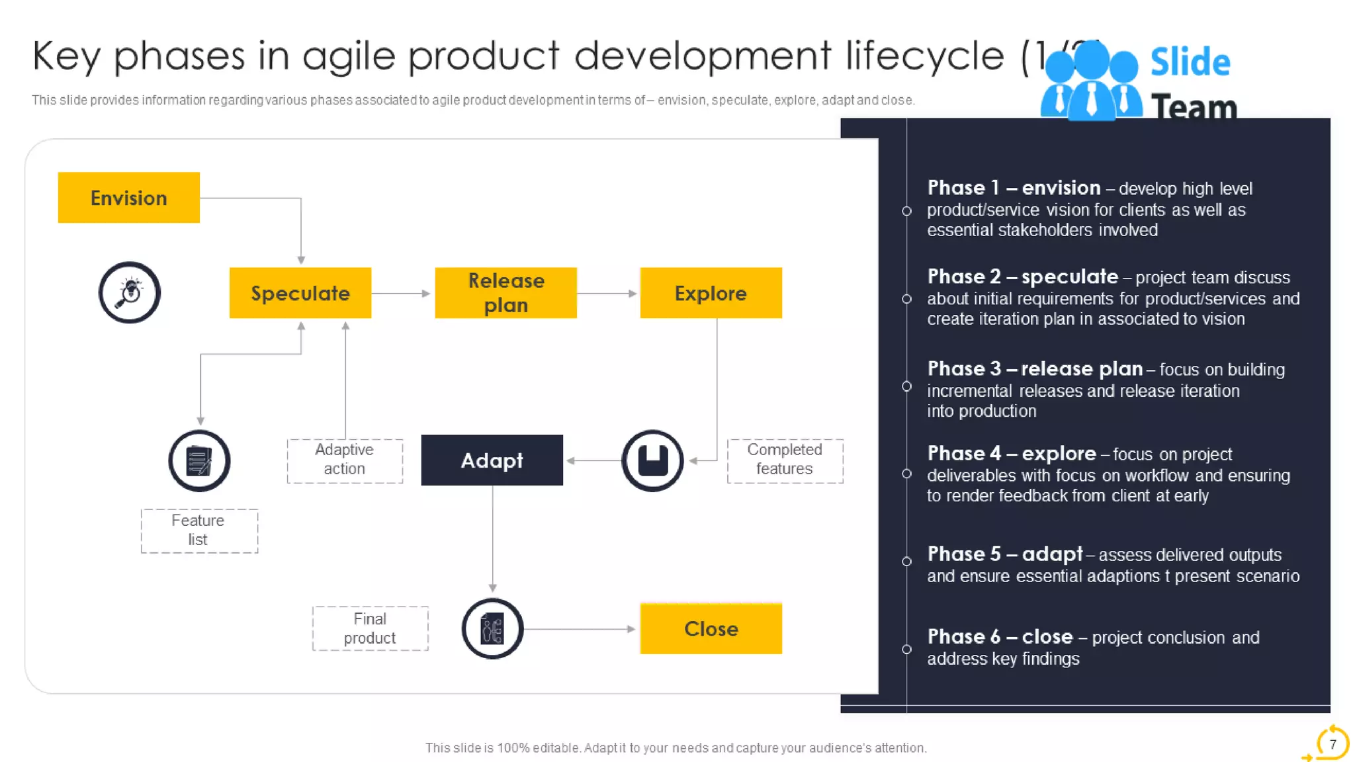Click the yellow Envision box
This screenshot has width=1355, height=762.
(x=128, y=198)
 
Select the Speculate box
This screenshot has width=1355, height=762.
(x=300, y=293)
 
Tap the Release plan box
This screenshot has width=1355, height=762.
(x=505, y=293)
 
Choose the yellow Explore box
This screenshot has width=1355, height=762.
(x=711, y=293)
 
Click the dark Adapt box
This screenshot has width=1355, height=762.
(x=492, y=460)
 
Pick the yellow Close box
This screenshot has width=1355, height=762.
(x=711, y=628)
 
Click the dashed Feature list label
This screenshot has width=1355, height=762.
(x=198, y=530)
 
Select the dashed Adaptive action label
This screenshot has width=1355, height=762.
(x=344, y=460)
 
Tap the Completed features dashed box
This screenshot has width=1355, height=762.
(x=785, y=460)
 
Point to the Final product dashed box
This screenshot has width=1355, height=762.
(x=370, y=628)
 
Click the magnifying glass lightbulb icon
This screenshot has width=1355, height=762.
(x=130, y=292)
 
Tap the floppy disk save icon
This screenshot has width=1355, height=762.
(x=652, y=460)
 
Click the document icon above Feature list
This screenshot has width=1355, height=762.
(x=199, y=461)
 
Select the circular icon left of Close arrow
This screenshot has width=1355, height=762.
(x=492, y=628)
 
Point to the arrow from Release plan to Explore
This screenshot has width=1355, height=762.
(x=607, y=293)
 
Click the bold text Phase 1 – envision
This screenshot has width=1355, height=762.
(x=1013, y=188)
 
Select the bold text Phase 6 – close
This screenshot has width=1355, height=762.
(x=999, y=636)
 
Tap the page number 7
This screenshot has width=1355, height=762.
(x=1333, y=744)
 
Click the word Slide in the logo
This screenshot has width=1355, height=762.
(x=1190, y=62)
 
